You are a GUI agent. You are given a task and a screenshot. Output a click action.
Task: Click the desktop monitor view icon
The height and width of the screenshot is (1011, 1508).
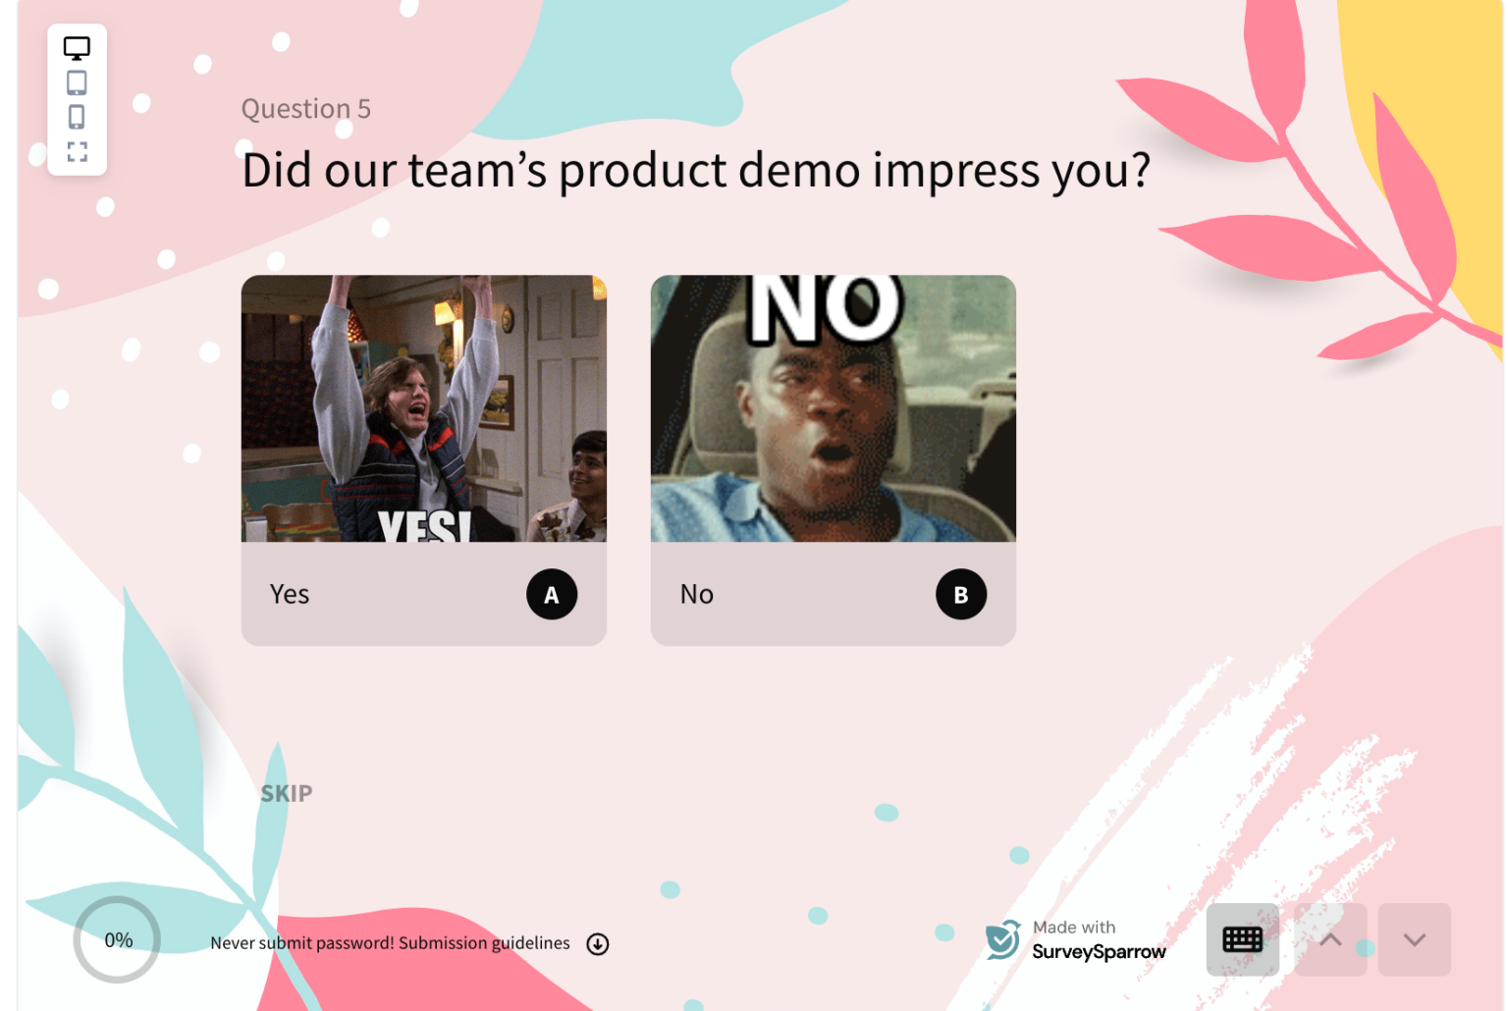point(77,48)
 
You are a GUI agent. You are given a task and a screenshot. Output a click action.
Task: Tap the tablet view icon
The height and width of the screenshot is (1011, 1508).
point(77,82)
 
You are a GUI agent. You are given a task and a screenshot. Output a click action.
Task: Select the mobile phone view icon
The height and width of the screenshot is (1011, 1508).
point(77,117)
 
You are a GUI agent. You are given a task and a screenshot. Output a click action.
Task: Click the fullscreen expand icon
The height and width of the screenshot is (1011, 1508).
point(77,151)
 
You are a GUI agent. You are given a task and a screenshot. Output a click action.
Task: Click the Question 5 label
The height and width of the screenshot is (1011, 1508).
point(306,109)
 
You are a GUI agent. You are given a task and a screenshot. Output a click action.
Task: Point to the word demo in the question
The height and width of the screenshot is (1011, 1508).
point(799,171)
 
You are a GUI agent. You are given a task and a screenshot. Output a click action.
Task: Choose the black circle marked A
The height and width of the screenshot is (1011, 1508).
point(552,595)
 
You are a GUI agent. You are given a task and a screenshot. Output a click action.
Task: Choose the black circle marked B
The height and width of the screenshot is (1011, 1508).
point(961,595)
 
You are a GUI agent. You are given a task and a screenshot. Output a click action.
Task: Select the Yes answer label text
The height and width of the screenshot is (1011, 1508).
point(290,595)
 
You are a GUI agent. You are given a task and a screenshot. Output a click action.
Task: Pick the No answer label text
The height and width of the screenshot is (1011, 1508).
point(696,595)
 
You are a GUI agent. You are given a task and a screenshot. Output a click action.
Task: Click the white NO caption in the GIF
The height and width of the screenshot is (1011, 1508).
point(825,308)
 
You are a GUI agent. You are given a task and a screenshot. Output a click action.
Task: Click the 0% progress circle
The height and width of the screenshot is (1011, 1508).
point(118,939)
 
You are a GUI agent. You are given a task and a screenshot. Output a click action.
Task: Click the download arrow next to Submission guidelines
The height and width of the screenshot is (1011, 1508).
point(598,943)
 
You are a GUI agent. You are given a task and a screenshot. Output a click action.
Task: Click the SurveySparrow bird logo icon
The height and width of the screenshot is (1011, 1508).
point(1003,939)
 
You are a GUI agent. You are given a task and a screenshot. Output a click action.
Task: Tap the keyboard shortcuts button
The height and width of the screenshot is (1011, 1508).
point(1242,939)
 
